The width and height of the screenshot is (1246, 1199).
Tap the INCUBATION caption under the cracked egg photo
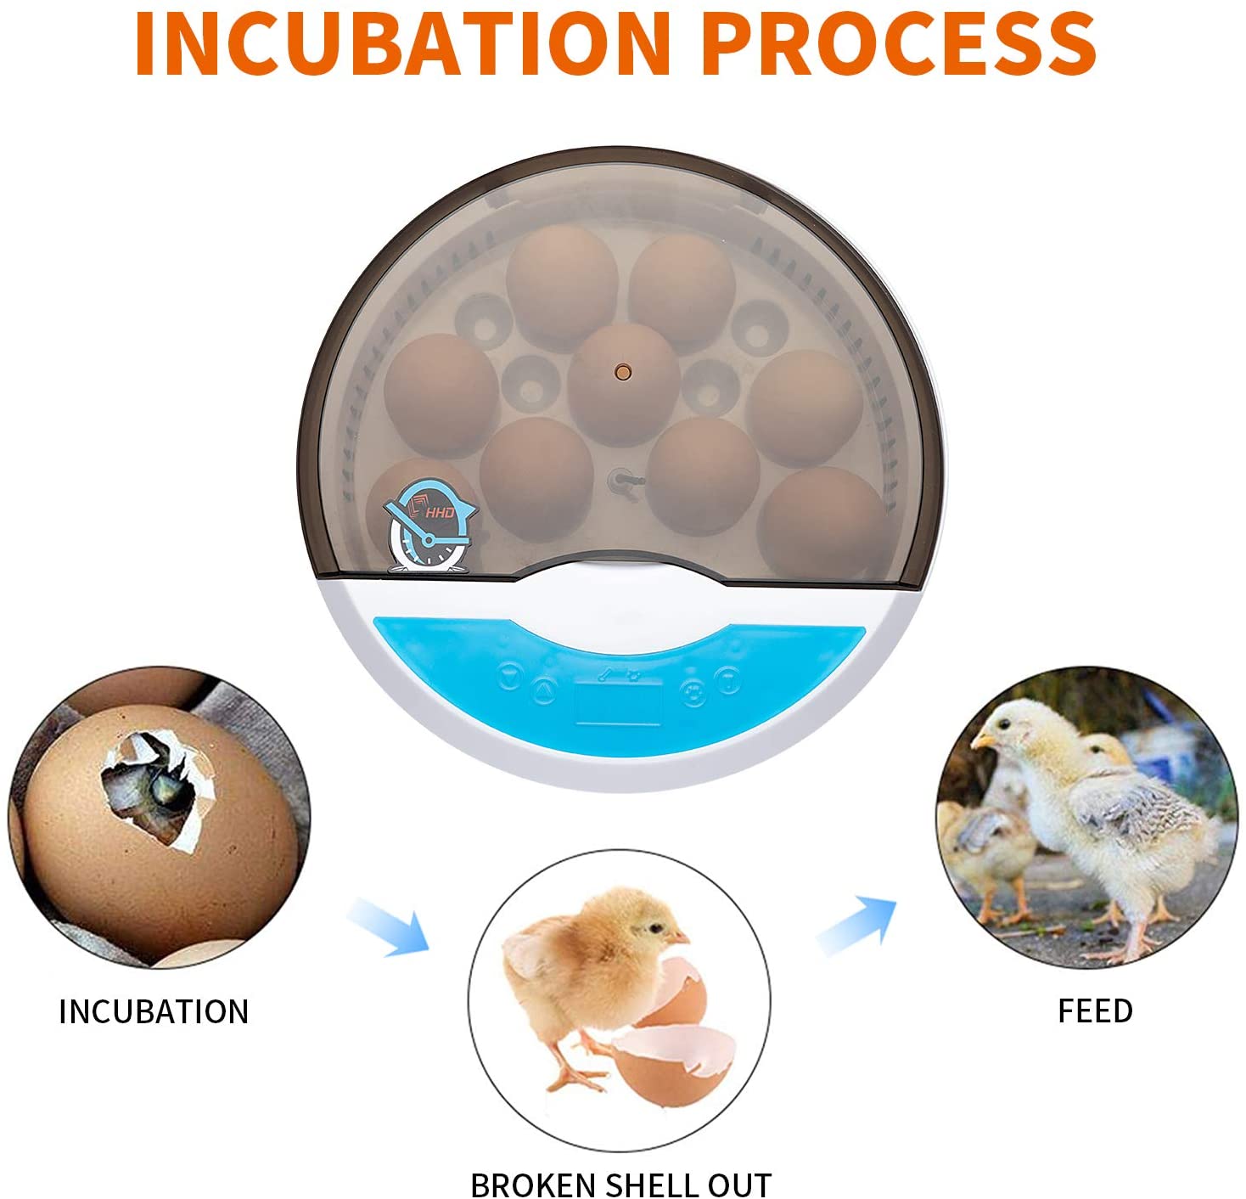[154, 1011]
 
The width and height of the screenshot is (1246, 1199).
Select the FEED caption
[1095, 1010]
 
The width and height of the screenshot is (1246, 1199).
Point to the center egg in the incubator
[623, 382]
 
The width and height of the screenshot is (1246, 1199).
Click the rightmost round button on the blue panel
[727, 679]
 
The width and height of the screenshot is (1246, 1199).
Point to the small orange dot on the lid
[623, 371]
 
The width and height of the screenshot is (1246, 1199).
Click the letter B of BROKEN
[480, 1185]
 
